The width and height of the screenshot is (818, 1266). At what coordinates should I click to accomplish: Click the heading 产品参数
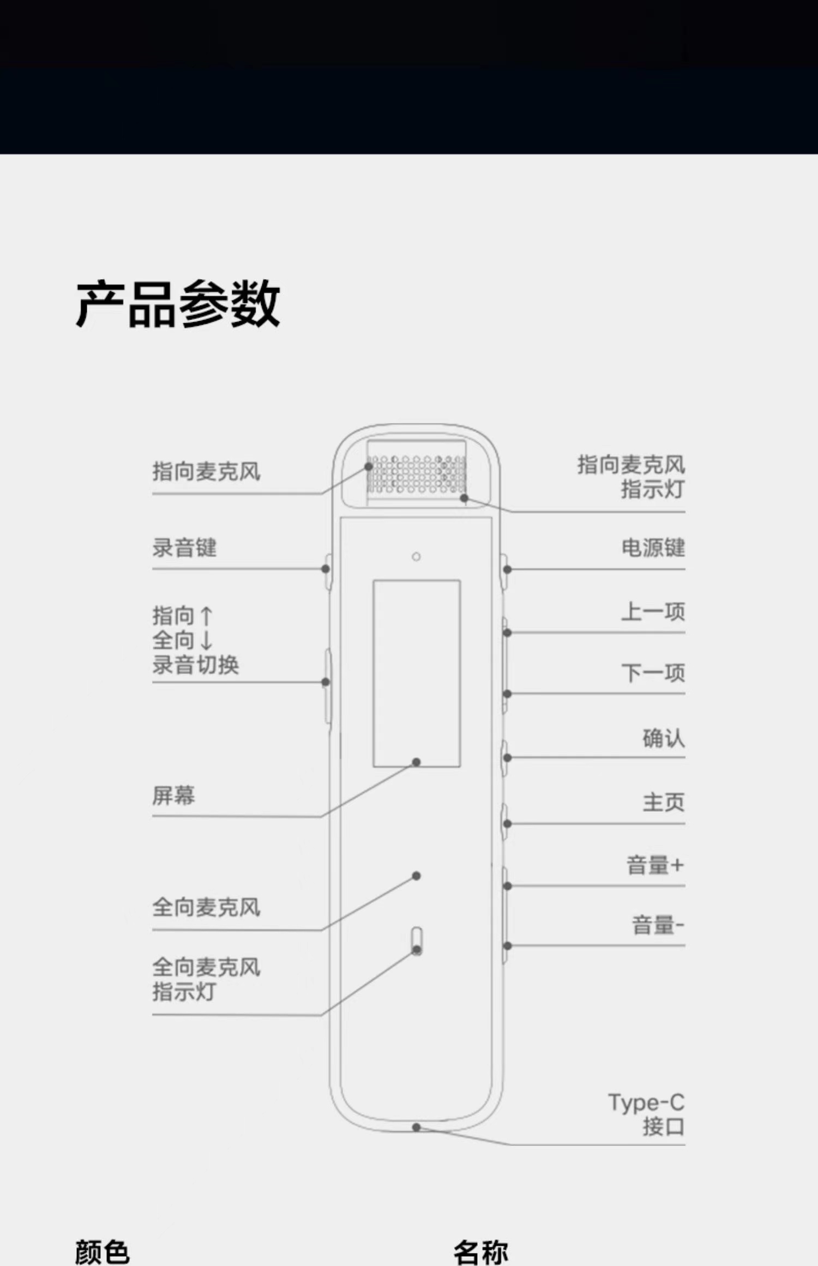pos(178,304)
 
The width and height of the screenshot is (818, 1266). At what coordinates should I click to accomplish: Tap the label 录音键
pos(184,548)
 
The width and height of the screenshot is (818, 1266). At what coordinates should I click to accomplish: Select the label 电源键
pos(653,548)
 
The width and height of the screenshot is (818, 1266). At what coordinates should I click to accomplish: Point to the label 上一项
pos(653,612)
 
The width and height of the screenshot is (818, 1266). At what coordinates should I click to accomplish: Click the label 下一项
pos(653,673)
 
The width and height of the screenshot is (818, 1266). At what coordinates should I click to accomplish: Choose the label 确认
pos(663,739)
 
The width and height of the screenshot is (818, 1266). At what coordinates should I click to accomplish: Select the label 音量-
pos(658,925)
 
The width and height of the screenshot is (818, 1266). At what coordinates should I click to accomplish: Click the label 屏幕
pos(173,795)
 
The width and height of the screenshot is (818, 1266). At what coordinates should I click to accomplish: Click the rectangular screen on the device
pos(417,673)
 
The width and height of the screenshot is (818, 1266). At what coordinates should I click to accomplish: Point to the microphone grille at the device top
pos(417,473)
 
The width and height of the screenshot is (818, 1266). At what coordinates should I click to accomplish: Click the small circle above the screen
pos(416,557)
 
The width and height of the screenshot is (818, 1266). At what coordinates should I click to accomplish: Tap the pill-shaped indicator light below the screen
pos(417,940)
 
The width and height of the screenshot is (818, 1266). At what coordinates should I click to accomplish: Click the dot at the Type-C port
pos(416,1127)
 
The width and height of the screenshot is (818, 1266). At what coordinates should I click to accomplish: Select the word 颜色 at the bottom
pos(102,1252)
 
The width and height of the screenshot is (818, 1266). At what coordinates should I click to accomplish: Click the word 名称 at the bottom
pos(480,1252)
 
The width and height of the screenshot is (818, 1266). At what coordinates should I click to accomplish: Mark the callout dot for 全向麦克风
pos(416,876)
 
